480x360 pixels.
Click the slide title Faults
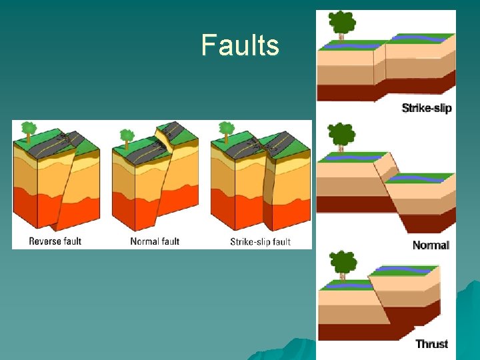(x=240, y=46)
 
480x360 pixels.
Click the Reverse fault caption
(x=55, y=241)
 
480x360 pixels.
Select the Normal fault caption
(x=155, y=241)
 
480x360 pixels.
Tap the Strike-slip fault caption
(x=260, y=241)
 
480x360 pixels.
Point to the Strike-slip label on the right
(x=427, y=108)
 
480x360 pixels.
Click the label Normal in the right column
(x=431, y=245)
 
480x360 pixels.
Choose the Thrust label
(x=431, y=344)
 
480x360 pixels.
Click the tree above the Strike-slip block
(x=343, y=24)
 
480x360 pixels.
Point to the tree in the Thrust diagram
(x=343, y=262)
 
